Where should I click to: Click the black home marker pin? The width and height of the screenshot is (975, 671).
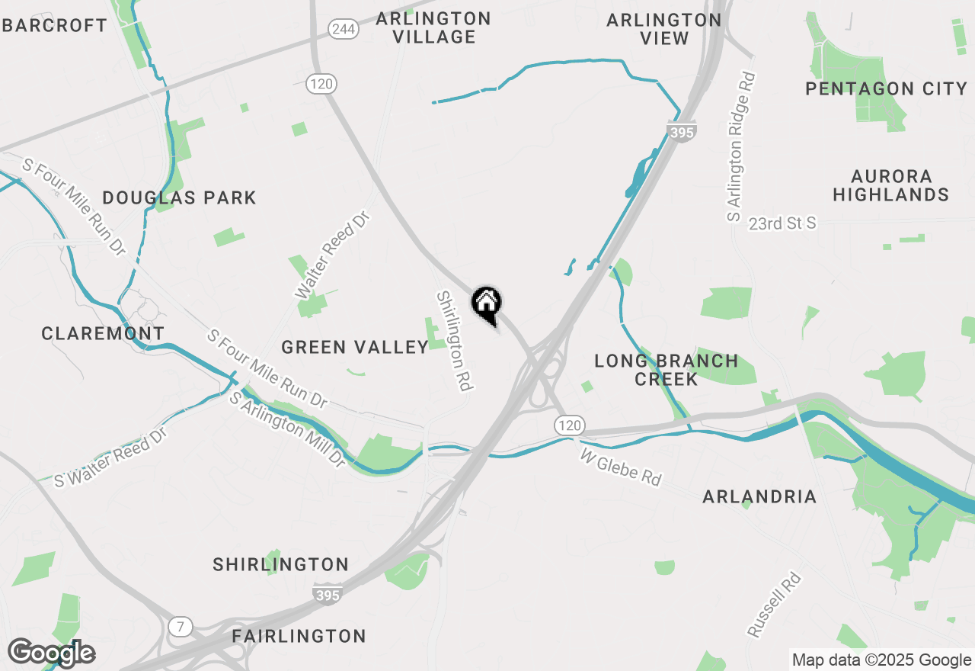(x=486, y=305)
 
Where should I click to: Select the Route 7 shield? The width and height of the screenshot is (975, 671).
(x=181, y=627)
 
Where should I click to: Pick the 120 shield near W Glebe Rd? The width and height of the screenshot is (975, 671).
(x=569, y=425)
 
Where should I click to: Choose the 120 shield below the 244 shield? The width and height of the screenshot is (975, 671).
(x=322, y=84)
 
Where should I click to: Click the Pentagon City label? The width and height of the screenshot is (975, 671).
(x=886, y=88)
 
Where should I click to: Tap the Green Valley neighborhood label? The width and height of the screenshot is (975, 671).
(x=355, y=348)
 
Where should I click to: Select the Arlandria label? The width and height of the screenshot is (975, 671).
(x=759, y=497)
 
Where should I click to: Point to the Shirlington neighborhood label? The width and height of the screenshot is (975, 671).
(x=280, y=565)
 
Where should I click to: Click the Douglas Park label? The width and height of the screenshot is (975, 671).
(x=179, y=198)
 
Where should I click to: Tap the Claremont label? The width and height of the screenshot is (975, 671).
(x=103, y=333)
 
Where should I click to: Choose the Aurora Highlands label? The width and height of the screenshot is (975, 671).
(x=890, y=185)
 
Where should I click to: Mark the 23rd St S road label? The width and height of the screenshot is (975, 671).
(x=782, y=223)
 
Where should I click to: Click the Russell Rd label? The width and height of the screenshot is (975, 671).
(x=775, y=605)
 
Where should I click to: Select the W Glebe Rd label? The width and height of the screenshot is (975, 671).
(x=620, y=467)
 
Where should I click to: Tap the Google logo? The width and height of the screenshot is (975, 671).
(x=51, y=653)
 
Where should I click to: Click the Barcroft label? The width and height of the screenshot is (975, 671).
(x=55, y=25)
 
